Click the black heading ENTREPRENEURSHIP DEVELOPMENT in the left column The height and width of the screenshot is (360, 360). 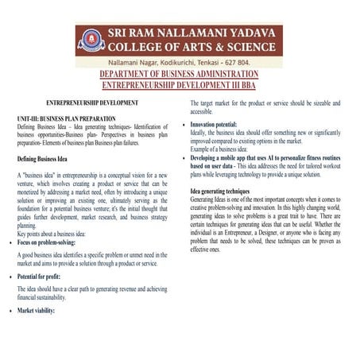pos(93,104)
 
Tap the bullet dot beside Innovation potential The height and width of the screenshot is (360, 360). pos(185,126)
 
